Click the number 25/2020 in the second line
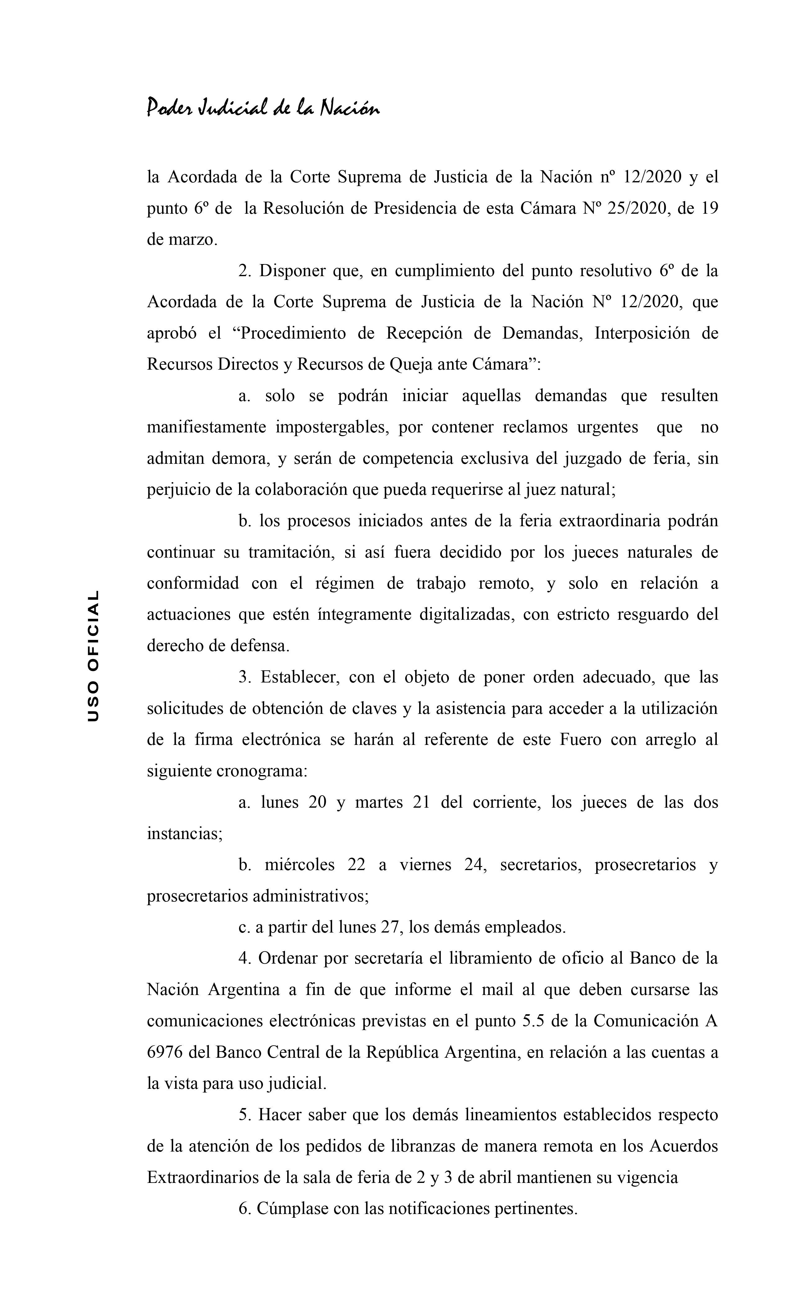634,208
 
